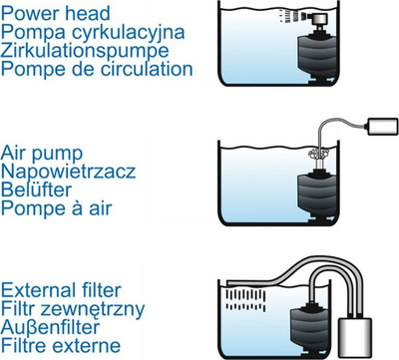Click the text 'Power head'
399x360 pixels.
point(56,14)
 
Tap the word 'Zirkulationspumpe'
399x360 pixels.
point(85,52)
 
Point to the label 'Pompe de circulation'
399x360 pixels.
point(97,69)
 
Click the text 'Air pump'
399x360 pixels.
point(42,155)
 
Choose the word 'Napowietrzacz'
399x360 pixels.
point(68,172)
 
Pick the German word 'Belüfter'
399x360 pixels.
point(36,189)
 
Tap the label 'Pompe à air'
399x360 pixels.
point(56,209)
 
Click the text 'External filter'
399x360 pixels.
point(61,290)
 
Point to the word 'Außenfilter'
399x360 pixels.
point(50,327)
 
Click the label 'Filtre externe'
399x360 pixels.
point(61,345)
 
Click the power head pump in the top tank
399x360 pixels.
point(320,20)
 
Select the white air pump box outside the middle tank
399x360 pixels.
point(382,127)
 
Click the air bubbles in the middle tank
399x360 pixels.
point(318,154)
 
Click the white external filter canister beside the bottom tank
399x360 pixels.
point(355,336)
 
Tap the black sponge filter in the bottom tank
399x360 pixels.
point(309,328)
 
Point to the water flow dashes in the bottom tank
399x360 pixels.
point(245,300)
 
